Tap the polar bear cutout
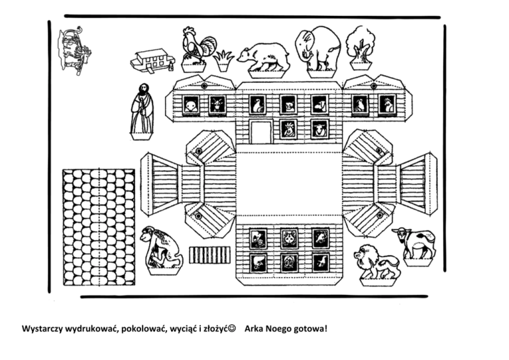click(264, 56)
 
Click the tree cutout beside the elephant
click(360, 45)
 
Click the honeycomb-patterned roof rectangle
click(98, 227)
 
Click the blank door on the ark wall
click(260, 131)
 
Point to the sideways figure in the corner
click(74, 50)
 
